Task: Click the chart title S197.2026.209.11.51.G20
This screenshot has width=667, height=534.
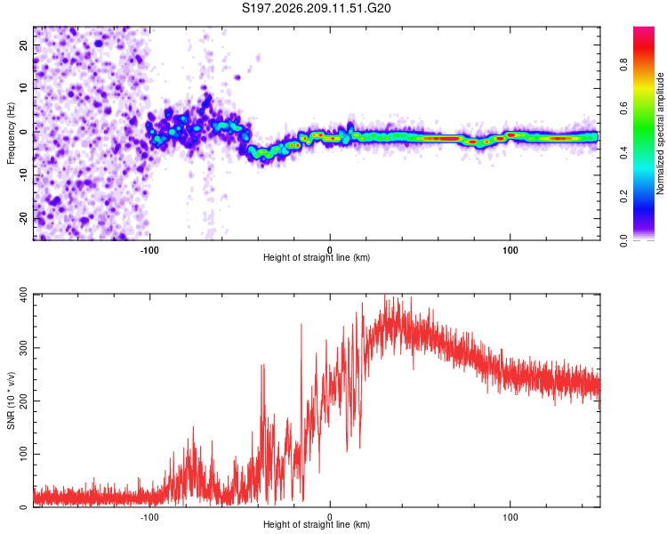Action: [316, 8]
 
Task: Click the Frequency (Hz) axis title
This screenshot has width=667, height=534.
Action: [11, 133]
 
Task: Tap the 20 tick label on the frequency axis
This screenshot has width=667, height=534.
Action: [23, 45]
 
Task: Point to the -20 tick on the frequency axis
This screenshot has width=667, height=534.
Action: [23, 218]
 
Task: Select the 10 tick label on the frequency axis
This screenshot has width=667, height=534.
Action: [23, 88]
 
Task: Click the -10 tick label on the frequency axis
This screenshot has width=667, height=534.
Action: [23, 175]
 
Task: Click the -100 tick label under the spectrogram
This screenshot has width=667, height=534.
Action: [149, 250]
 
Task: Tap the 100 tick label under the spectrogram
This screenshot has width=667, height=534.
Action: [510, 250]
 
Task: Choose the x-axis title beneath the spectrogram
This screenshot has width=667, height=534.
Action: [317, 257]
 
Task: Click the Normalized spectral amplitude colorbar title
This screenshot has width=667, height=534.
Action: [660, 133]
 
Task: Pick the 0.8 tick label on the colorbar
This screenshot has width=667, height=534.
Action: [623, 65]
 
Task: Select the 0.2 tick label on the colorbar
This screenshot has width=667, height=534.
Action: [623, 197]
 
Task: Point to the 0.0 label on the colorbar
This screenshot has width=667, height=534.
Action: [623, 240]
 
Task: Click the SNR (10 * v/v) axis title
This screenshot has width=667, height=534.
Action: [11, 400]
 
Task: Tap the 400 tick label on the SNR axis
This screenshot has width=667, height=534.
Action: [23, 295]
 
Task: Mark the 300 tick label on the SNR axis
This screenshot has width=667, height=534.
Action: [23, 347]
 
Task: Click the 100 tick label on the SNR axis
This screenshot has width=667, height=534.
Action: [23, 454]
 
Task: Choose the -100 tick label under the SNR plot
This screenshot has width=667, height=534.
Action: [149, 517]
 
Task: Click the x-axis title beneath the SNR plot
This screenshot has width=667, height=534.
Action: [317, 524]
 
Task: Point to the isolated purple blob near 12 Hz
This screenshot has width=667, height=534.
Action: [237, 77]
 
